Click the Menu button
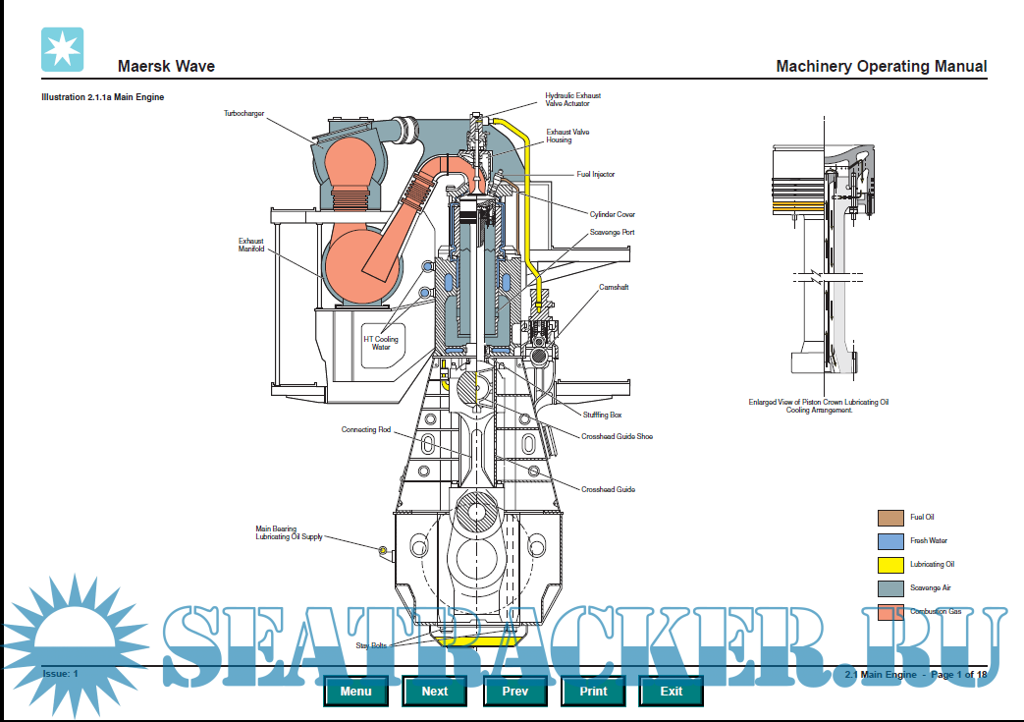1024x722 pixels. click(x=356, y=691)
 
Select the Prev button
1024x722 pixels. click(x=514, y=691)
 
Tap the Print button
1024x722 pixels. click(x=593, y=691)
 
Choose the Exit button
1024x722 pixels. click(x=672, y=691)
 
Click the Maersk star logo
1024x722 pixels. click(x=62, y=50)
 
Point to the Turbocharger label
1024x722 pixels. click(x=243, y=114)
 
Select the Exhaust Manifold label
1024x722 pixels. click(x=251, y=245)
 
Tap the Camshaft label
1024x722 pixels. click(x=614, y=288)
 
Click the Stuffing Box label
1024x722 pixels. click(x=602, y=416)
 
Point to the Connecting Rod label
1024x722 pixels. click(x=366, y=430)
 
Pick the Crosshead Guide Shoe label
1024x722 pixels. click(x=617, y=436)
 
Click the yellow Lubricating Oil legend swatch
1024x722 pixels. click(x=890, y=565)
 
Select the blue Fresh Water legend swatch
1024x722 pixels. click(x=890, y=541)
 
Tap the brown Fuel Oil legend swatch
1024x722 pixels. click(x=890, y=518)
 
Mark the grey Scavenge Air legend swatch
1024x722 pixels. click(x=890, y=588)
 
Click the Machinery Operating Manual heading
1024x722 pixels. click(x=881, y=67)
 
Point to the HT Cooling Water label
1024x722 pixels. click(x=381, y=343)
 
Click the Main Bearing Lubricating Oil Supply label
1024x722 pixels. click(x=289, y=532)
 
